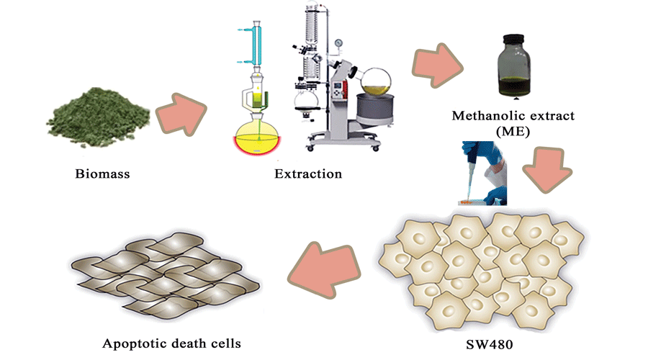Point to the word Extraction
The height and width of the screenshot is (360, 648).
click(x=307, y=174)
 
